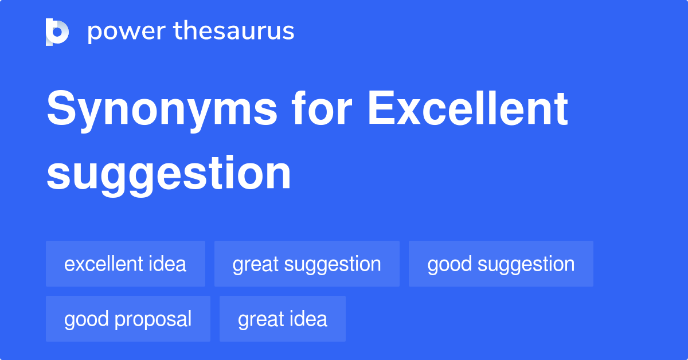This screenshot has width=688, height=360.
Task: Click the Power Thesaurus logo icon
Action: [x=57, y=32]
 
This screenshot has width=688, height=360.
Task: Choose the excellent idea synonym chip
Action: [x=126, y=264]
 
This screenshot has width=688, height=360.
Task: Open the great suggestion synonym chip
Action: [x=307, y=264]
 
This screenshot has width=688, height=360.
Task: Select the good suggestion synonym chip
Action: [x=501, y=264]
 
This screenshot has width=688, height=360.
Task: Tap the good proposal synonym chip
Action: [x=128, y=319]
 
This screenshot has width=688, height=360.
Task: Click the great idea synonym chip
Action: [x=283, y=319]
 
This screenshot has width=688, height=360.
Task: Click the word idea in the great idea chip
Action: [x=308, y=319]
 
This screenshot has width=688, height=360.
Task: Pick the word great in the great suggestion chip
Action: [x=255, y=264]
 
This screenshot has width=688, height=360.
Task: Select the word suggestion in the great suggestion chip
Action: [x=333, y=264]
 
